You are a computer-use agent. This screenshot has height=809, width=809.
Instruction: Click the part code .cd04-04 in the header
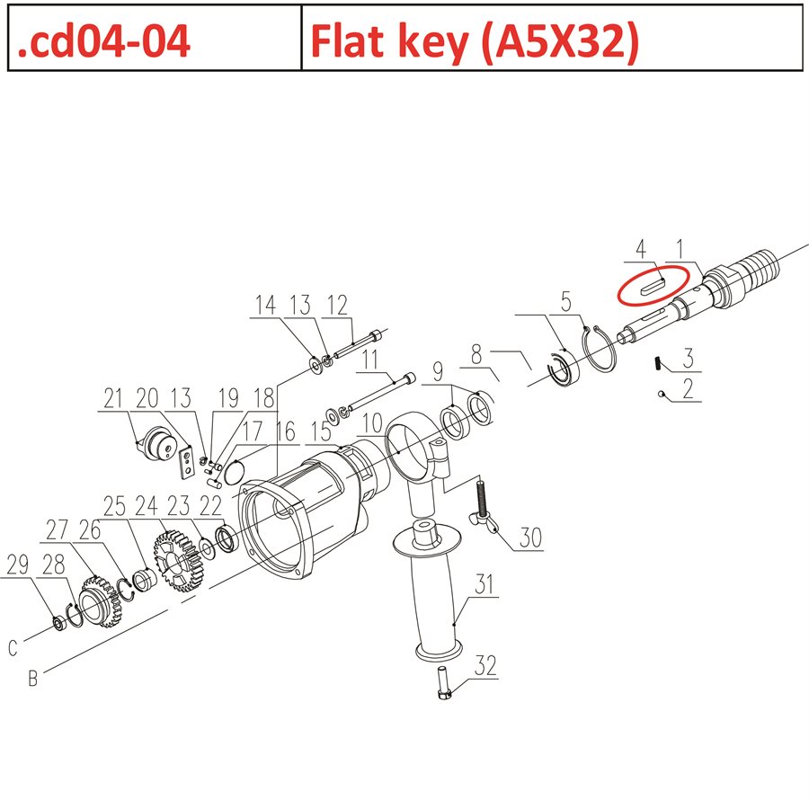103,40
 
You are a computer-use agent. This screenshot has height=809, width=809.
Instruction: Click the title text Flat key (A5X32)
474,40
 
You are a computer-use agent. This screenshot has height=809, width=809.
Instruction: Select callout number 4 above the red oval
641,247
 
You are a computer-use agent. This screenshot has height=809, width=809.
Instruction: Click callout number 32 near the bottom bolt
485,667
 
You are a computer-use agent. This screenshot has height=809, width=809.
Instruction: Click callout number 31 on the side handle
485,585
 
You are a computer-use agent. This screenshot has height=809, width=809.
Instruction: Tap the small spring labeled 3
658,363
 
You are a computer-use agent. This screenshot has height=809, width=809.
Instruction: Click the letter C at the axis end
13,647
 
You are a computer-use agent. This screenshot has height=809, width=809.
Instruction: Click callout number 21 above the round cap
114,397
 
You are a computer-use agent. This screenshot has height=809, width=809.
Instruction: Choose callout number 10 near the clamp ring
372,422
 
